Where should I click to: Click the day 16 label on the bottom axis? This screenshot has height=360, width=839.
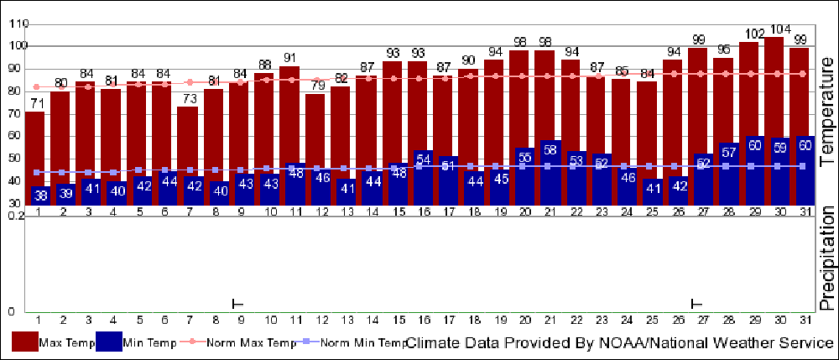(x=423, y=320)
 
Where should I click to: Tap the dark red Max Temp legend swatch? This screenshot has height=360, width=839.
(x=24, y=342)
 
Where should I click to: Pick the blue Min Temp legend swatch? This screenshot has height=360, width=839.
(x=108, y=342)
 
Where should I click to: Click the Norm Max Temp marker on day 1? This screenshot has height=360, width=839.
(x=36, y=86)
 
